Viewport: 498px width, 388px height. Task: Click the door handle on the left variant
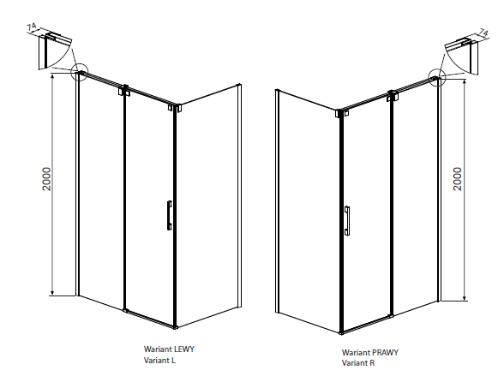170,215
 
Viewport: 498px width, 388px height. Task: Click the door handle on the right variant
347,220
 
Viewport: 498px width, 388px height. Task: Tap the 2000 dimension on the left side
46,179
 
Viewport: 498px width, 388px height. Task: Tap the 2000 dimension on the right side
458,179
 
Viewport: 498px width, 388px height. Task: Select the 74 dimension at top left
32,27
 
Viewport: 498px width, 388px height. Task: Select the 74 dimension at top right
483,33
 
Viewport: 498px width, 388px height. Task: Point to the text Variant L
159,361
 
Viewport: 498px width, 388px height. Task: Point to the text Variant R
358,363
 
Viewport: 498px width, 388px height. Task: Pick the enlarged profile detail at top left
55,51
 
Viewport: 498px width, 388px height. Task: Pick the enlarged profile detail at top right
461,57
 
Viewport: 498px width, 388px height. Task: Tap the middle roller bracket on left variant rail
125,91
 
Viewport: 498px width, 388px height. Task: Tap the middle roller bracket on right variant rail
393,96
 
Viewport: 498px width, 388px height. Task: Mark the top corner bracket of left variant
175,108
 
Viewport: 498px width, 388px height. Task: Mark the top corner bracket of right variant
342,113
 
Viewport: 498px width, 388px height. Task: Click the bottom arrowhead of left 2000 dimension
53,293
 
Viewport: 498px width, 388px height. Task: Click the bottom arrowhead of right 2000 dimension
465,297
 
